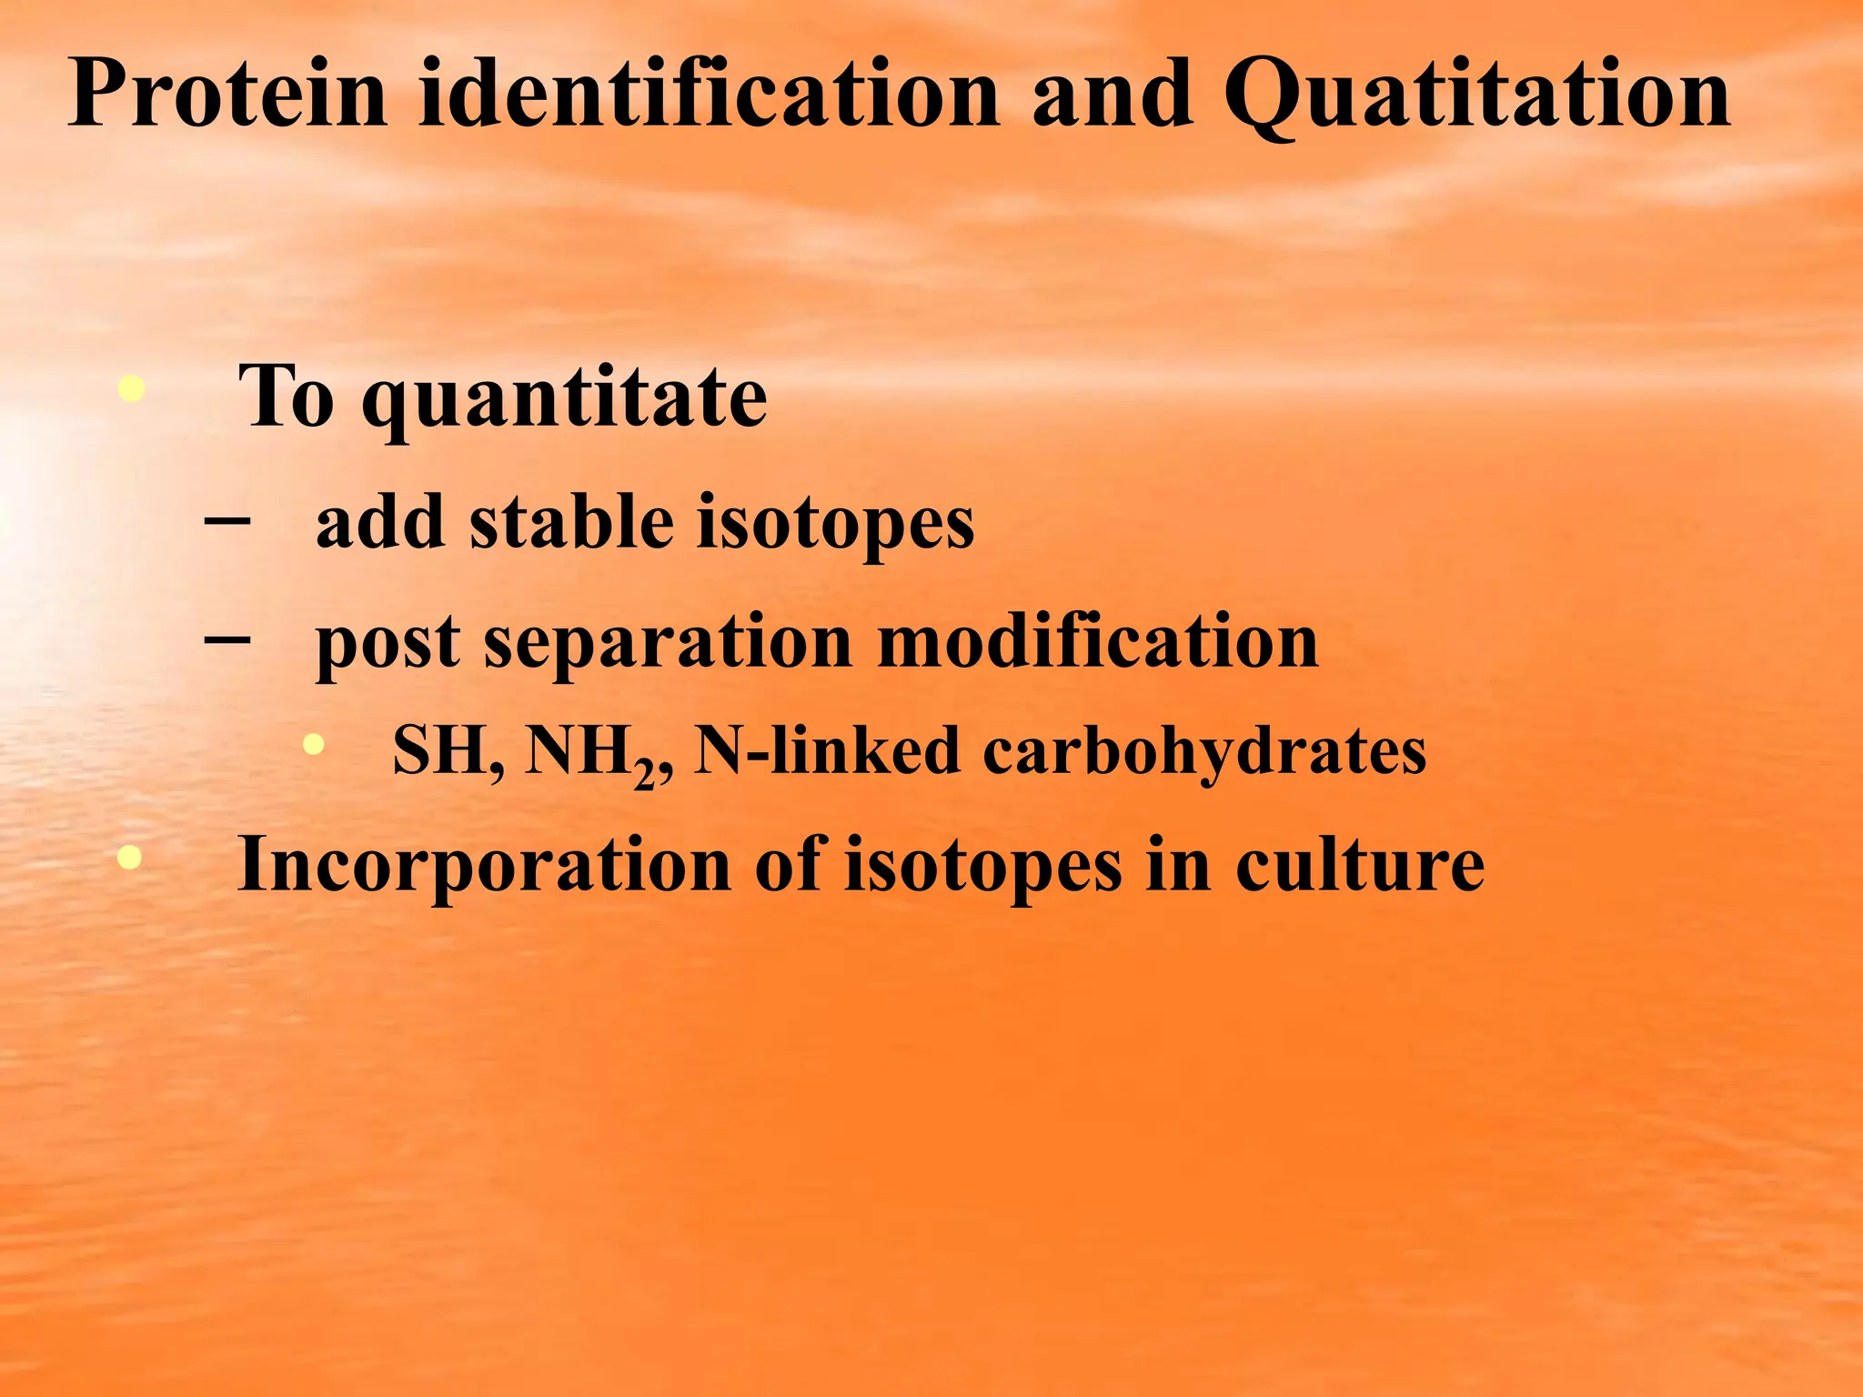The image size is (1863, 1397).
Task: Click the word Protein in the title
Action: [227, 94]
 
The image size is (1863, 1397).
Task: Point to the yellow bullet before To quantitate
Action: [132, 389]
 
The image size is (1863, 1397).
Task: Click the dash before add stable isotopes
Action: [227, 521]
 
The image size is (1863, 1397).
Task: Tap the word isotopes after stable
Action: [834, 526]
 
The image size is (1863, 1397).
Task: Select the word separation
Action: [667, 644]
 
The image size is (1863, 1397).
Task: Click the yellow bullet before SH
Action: [313, 745]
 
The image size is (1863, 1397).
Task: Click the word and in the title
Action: [1112, 94]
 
